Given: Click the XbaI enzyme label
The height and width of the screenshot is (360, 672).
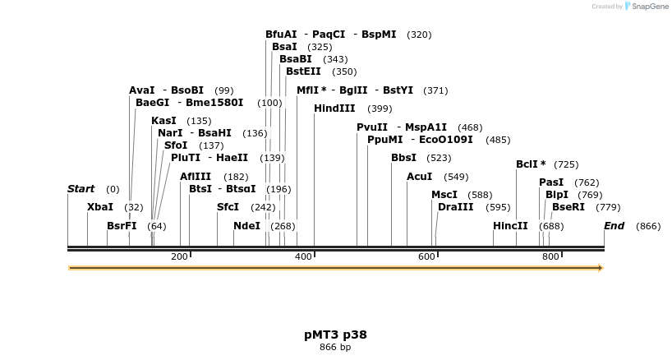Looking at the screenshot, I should [x=99, y=207].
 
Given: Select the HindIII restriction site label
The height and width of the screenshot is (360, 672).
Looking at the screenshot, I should [x=334, y=108].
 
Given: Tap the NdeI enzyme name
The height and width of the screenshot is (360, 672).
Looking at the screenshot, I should [x=246, y=226].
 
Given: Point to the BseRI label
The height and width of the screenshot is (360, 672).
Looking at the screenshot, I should [x=568, y=207].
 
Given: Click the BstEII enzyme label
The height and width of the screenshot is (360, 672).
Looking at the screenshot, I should [x=303, y=72].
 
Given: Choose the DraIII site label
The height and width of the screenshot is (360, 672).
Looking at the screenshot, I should [x=454, y=207].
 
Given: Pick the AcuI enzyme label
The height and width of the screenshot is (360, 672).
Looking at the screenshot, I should [x=421, y=177].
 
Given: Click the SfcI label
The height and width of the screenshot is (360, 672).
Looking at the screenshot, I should [x=228, y=207].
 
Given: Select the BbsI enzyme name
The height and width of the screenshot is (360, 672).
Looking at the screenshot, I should [x=403, y=158].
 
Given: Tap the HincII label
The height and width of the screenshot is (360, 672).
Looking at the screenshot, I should [x=510, y=226].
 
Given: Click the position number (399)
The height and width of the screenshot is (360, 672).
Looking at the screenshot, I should [x=380, y=108].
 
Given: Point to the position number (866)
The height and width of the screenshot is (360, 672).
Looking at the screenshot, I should [x=648, y=226].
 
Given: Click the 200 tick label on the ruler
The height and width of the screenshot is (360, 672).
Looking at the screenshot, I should [x=179, y=257].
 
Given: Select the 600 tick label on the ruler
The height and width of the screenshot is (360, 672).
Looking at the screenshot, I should [x=426, y=257].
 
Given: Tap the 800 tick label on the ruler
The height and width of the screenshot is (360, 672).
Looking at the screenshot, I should [x=550, y=257].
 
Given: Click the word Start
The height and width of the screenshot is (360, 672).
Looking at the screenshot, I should [x=81, y=189].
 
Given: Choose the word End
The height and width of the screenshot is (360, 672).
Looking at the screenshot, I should [x=614, y=226].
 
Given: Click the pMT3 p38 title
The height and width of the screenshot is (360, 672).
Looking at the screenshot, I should [x=335, y=335].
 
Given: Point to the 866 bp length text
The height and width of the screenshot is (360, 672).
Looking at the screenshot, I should [x=335, y=348].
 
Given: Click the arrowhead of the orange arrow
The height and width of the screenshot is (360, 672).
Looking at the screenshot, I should [x=601, y=268].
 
